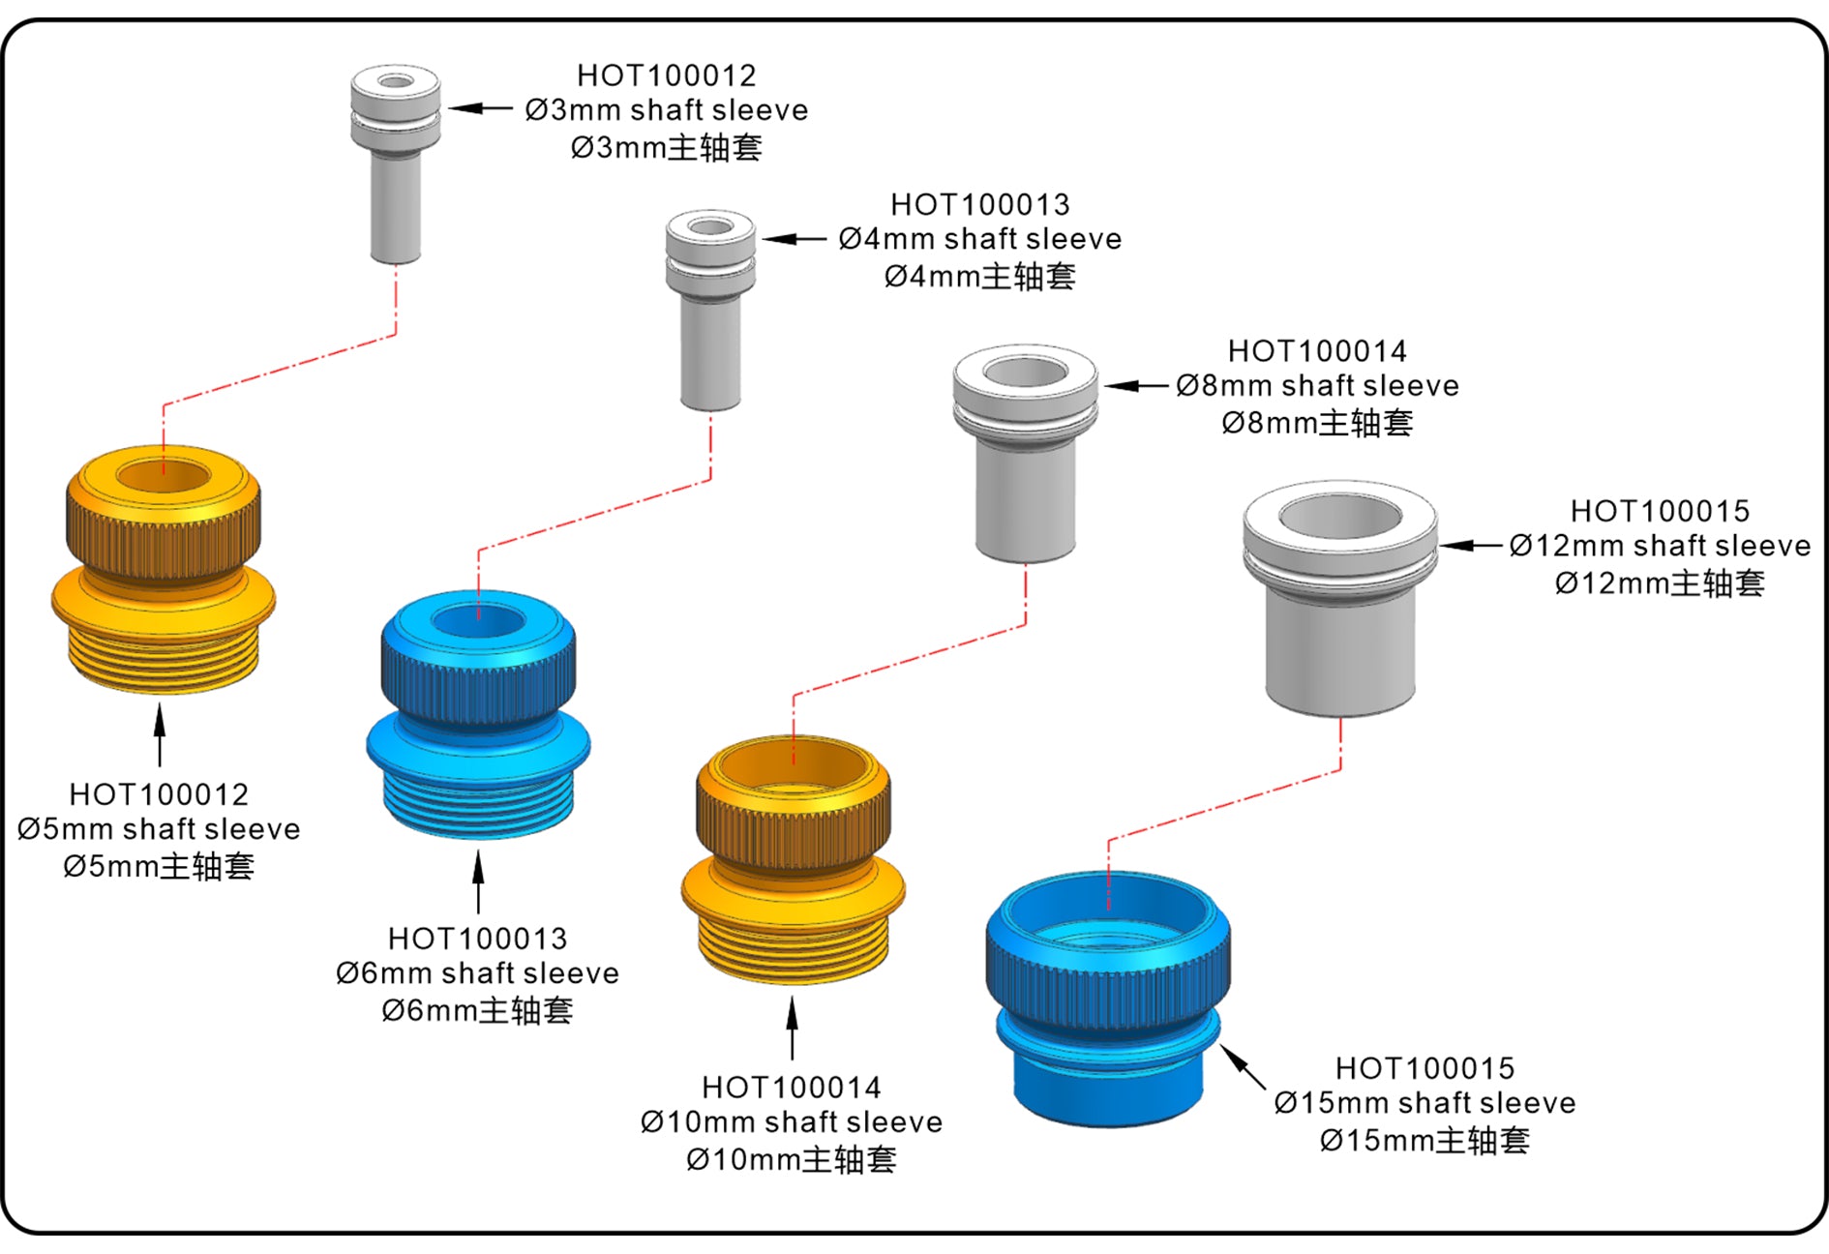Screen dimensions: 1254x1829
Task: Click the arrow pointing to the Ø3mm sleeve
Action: click(480, 108)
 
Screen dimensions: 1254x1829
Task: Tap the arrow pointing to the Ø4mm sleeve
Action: click(795, 238)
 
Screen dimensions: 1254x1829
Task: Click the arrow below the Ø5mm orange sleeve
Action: click(160, 735)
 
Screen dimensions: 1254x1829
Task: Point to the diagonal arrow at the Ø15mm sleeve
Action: click(1243, 1067)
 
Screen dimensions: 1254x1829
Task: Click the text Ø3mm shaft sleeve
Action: click(667, 110)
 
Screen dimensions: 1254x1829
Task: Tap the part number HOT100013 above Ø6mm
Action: click(477, 939)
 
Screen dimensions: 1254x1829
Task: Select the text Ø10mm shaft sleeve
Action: click(792, 1122)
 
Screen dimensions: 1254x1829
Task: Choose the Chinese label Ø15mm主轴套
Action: click(1424, 1141)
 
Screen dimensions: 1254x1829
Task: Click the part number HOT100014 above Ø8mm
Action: click(1317, 351)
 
